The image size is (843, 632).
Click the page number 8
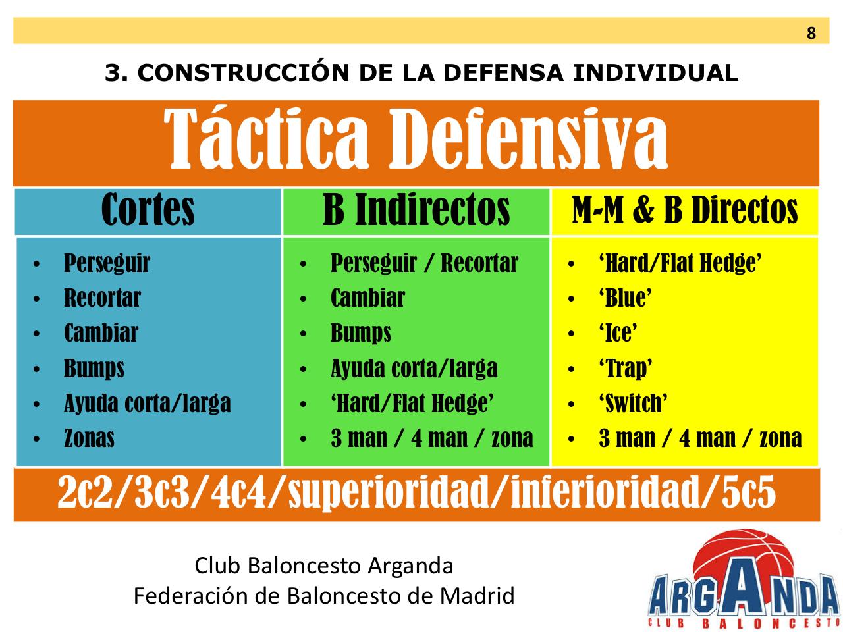(x=811, y=33)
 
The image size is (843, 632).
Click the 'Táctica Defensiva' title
(x=416, y=140)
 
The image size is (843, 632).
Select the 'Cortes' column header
(x=148, y=211)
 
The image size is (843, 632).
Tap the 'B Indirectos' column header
(x=416, y=211)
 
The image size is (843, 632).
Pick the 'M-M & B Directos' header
(x=685, y=211)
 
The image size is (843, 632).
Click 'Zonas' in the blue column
(x=89, y=438)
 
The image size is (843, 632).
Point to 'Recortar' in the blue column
(x=102, y=298)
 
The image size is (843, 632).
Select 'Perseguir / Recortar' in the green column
(x=424, y=263)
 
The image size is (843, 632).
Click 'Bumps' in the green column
(x=360, y=333)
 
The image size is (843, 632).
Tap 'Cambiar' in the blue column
(x=101, y=333)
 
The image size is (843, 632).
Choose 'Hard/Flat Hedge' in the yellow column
(x=680, y=263)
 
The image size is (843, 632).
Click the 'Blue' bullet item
(x=625, y=298)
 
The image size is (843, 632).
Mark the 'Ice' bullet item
(x=618, y=333)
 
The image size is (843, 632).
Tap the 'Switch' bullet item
(x=633, y=404)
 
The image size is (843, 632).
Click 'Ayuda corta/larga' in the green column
(x=414, y=369)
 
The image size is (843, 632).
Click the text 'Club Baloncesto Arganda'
(x=324, y=566)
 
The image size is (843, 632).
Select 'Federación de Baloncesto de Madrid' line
(x=324, y=596)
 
